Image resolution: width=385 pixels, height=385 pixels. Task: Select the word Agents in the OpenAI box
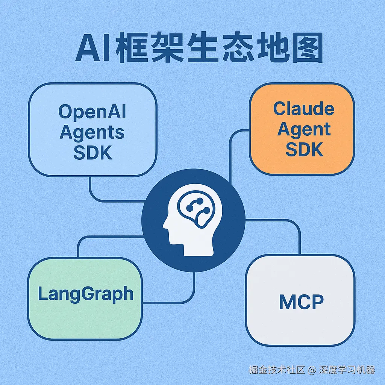pyautogui.click(x=92, y=132)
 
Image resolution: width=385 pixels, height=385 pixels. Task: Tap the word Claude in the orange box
pyautogui.click(x=303, y=109)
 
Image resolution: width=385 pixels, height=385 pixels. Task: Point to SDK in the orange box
pyautogui.click(x=304, y=149)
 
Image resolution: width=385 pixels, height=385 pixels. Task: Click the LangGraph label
pyautogui.click(x=86, y=294)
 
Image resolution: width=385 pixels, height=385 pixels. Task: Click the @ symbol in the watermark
pyautogui.click(x=311, y=370)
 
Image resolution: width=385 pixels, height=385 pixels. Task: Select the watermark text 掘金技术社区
pyautogui.click(x=276, y=370)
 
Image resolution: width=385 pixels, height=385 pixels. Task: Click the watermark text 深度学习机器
pyautogui.click(x=347, y=370)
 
